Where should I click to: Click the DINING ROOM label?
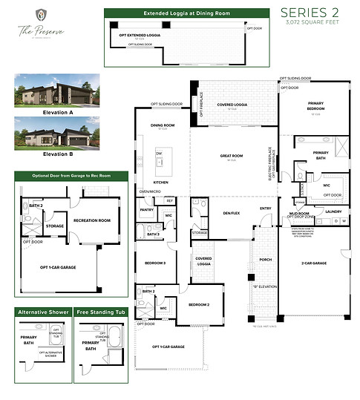163,125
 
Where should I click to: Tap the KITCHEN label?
161,182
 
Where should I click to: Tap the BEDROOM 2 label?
200,305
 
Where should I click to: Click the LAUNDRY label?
333,212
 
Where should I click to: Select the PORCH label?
265,260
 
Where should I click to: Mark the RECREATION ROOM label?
92,220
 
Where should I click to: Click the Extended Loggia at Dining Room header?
175,13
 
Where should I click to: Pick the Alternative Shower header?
44,312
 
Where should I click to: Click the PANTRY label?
145,210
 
